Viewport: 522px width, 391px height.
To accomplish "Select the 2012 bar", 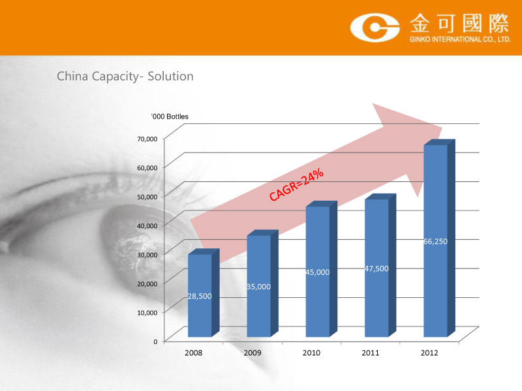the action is point(439,238).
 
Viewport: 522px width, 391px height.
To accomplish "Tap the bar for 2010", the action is point(321,268).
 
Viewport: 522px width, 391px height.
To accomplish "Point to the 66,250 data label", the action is point(435,241).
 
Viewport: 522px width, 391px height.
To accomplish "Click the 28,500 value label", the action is point(200,296).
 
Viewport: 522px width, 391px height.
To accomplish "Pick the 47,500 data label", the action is point(376,268).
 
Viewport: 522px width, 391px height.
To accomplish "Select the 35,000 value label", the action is point(258,287).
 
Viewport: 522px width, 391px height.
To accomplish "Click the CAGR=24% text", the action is point(296,185).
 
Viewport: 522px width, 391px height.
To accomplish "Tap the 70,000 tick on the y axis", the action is point(147,139).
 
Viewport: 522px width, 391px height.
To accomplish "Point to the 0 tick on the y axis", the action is point(155,341).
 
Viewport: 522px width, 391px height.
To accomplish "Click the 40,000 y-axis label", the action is point(147,225).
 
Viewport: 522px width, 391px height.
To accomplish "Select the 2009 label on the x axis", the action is point(253,353).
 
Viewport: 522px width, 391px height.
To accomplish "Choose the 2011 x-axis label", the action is point(370,353).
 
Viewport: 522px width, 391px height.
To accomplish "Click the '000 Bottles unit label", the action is point(170,117).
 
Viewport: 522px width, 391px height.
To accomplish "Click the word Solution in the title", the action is point(170,76).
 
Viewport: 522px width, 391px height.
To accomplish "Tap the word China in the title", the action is point(72,76).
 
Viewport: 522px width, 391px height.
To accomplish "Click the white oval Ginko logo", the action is point(375,27).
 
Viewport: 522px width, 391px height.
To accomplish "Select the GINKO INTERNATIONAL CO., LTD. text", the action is point(460,39).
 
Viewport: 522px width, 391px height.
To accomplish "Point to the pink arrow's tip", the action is point(442,128).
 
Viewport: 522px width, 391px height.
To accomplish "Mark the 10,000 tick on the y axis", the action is point(147,313).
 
